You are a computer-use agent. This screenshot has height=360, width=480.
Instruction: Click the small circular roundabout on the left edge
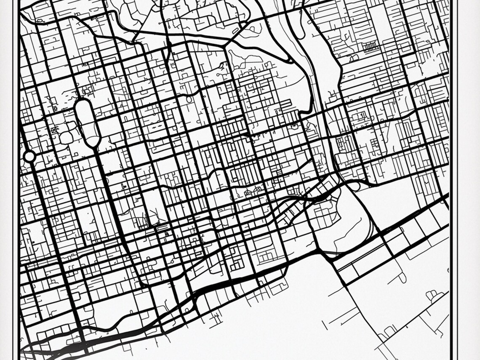point(29,157)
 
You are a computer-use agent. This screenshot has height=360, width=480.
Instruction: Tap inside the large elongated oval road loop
point(87,122)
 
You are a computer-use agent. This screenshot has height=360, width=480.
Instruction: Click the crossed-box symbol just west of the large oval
point(53,130)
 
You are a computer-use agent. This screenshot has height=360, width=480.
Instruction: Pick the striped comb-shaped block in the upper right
point(369,46)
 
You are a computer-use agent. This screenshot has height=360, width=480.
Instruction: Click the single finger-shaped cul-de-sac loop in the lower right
point(402,277)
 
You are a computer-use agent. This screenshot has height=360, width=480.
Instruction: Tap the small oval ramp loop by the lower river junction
point(354,186)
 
